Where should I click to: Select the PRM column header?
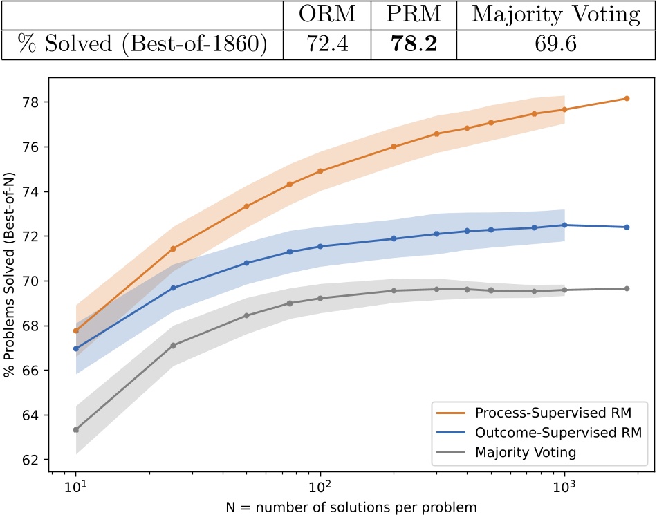[405, 15]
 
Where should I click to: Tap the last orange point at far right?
[627, 98]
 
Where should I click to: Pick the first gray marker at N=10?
[75, 429]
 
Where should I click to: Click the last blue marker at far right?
[627, 227]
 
